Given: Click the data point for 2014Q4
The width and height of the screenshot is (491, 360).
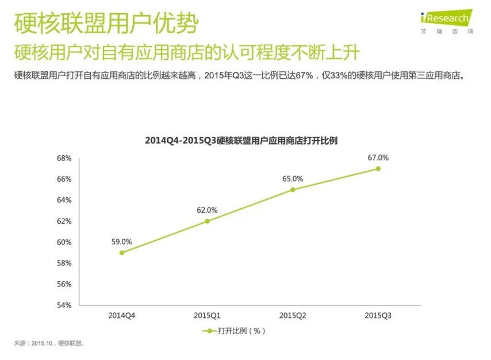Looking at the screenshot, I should (x=122, y=252).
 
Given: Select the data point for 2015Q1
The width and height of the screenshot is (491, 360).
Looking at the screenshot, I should (x=207, y=221).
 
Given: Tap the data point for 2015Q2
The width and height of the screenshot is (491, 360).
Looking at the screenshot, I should (x=293, y=189).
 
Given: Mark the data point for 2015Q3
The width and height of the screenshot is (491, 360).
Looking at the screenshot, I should (x=378, y=168).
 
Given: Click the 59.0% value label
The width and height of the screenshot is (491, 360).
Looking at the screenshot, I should (x=122, y=242).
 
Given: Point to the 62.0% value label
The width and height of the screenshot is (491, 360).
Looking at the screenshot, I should (x=207, y=210).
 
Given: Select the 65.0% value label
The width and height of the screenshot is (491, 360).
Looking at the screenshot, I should (x=293, y=179).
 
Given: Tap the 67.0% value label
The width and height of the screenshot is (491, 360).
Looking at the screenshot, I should (x=378, y=157).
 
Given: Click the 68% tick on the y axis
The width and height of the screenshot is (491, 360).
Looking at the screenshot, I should (x=64, y=158).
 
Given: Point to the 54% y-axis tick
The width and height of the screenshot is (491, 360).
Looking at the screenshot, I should (x=64, y=305).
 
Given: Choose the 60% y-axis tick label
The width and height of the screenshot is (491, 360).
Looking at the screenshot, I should (x=64, y=242).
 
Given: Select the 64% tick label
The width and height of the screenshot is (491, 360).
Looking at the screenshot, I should (x=64, y=200).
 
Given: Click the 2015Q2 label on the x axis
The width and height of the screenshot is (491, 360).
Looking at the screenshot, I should (x=293, y=316).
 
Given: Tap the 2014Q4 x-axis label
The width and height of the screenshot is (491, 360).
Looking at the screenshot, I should (x=122, y=316).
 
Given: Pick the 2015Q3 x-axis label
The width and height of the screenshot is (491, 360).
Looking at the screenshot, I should (x=378, y=316).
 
